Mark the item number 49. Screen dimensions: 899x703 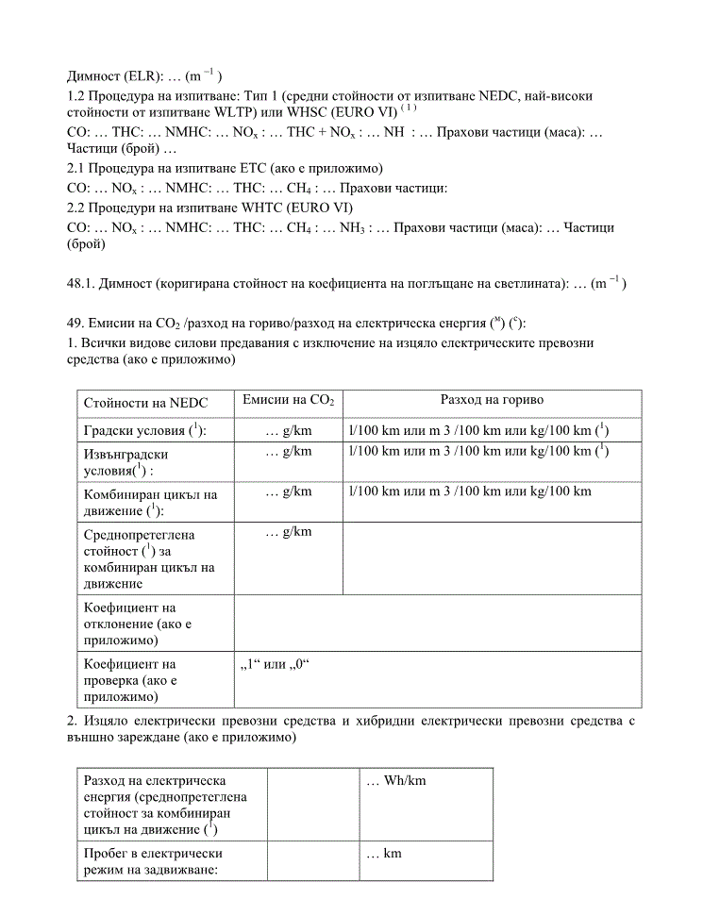75,323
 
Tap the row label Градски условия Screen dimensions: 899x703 144,430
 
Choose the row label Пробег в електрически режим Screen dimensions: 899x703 151,861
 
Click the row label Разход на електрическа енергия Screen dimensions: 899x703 157,805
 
